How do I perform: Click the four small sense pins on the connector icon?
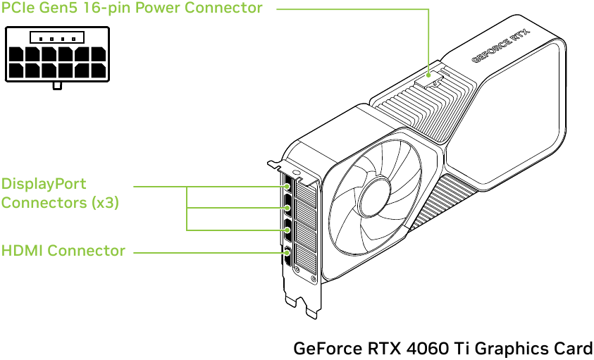[56, 38]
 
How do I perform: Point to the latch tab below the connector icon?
[57, 85]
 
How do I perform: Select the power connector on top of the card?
[431, 77]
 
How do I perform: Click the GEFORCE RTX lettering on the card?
[500, 46]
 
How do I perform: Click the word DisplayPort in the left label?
[44, 184]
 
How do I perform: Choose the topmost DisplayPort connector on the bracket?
[287, 188]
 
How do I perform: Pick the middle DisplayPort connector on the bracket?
[287, 209]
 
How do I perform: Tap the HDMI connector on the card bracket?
[287, 253]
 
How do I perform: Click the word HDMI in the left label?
[22, 251]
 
